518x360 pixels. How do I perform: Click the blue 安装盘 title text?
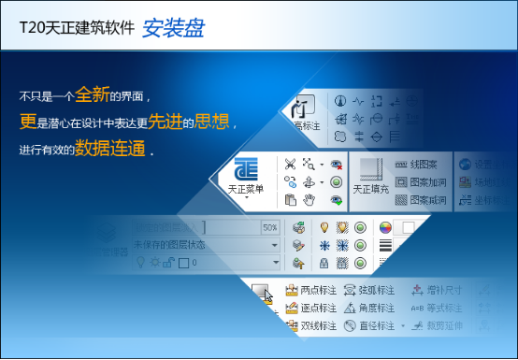[173, 28]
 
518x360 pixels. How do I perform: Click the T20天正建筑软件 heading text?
[77, 29]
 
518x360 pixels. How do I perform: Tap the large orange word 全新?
[94, 94]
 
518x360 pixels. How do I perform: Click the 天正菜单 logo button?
[246, 176]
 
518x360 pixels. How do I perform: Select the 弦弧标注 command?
[370, 291]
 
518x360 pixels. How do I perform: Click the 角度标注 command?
[370, 308]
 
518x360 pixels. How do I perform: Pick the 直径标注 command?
[370, 325]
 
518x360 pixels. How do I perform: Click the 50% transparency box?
[269, 227]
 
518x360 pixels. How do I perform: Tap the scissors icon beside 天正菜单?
[291, 164]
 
